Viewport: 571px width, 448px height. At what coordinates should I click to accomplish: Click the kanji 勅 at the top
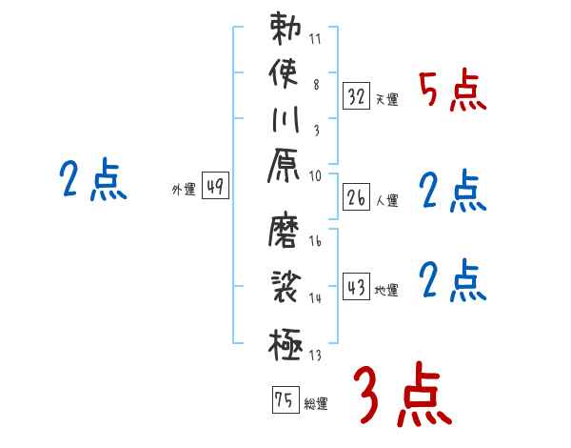[285, 30]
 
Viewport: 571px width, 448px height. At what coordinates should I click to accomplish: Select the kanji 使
[285, 73]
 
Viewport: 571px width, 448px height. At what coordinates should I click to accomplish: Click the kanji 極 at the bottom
[285, 343]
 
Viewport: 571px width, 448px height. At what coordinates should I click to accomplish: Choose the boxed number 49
[215, 187]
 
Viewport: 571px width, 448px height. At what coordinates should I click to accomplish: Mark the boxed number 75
[284, 400]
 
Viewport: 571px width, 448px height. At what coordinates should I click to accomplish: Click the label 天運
[387, 99]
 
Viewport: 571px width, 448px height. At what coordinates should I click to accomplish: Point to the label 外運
[183, 190]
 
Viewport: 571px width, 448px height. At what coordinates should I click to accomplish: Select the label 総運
[316, 404]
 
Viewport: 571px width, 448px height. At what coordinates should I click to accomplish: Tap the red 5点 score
[453, 91]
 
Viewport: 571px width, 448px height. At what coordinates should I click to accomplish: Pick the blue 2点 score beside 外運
[93, 180]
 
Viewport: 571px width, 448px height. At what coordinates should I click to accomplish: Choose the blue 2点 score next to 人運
[453, 192]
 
